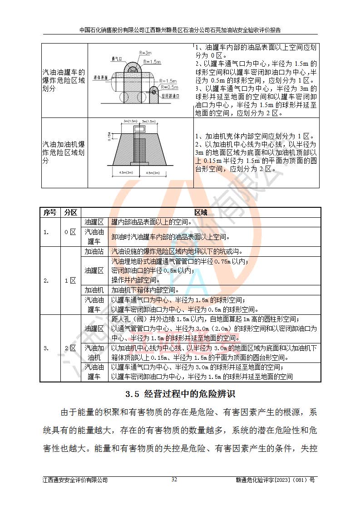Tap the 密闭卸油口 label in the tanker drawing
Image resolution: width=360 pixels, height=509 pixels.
pos(171,96)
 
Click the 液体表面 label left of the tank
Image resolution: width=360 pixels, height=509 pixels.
pos(100,78)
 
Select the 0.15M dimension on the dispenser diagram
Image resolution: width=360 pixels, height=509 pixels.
pos(109,137)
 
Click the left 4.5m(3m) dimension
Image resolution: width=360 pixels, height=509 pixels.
pos(123,173)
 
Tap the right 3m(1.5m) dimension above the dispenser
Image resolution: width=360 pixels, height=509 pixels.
pos(150,122)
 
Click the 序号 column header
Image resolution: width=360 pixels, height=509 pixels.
pos(50,212)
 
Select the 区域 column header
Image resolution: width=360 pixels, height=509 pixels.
pos(201,212)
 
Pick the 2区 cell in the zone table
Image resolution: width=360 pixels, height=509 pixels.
pos(70,348)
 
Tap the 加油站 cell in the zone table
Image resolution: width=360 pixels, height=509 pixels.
pos(94,251)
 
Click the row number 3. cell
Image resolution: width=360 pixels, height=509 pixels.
pos(46,348)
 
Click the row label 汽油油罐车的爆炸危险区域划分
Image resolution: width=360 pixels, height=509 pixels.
pos(64,80)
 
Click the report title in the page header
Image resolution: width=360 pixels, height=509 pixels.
pos(180,30)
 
